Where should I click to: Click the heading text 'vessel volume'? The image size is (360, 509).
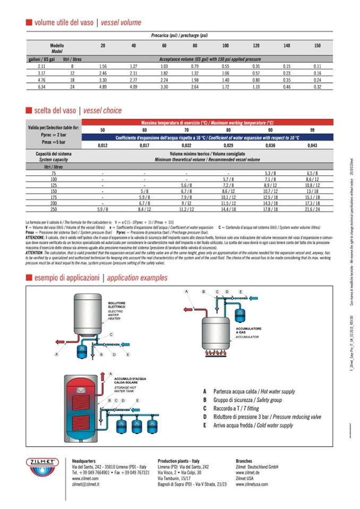pyautogui.click(x=121, y=22)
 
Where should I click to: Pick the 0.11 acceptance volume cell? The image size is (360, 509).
pyautogui.click(x=318, y=66)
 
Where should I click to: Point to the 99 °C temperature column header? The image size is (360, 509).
pyautogui.click(x=312, y=130)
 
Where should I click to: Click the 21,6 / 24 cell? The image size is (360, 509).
pyautogui.click(x=312, y=210)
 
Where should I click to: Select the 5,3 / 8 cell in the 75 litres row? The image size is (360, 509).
pyautogui.click(x=270, y=174)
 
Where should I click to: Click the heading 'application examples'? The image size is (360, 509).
pyautogui.click(x=136, y=278)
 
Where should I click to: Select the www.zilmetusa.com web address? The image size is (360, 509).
pyautogui.click(x=252, y=484)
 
